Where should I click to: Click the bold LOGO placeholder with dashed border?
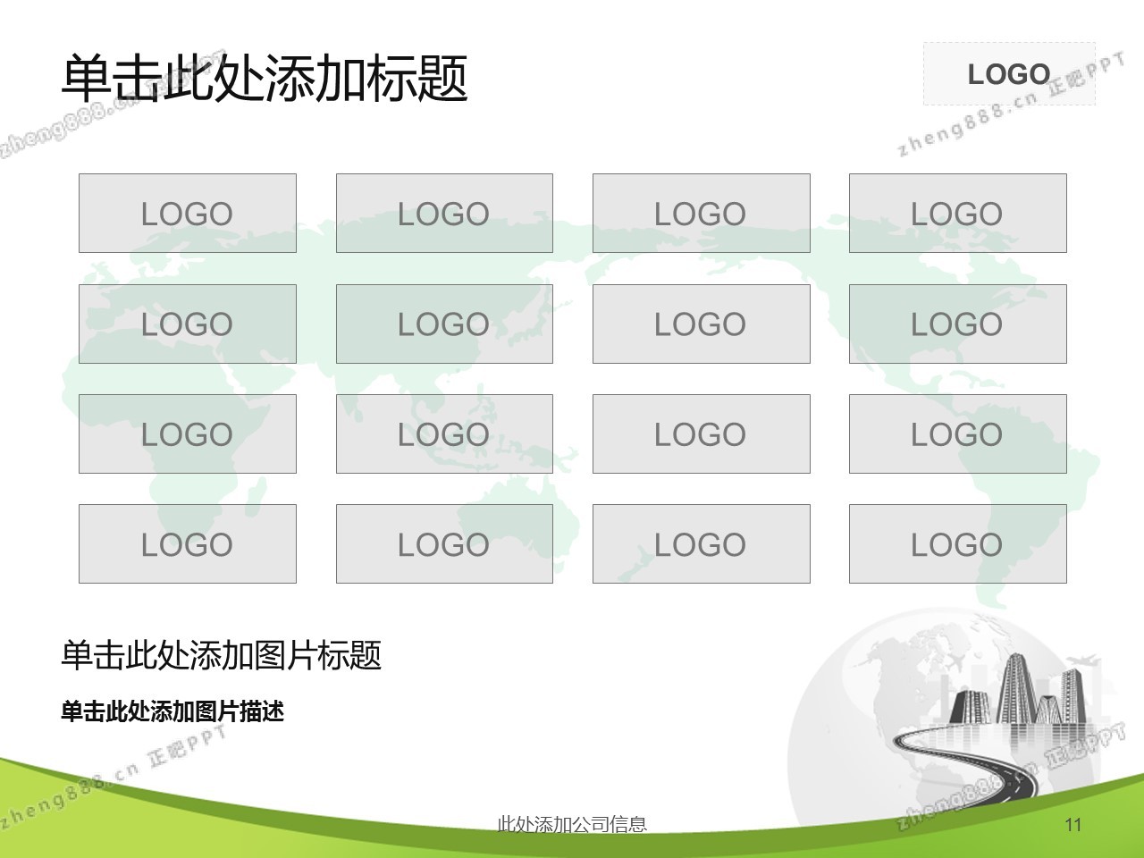pyautogui.click(x=1009, y=74)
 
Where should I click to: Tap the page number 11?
pyautogui.click(x=1073, y=825)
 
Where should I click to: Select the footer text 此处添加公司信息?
pyautogui.click(x=572, y=824)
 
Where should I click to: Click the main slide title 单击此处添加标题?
pyautogui.click(x=265, y=79)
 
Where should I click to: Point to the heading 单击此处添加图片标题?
pyautogui.click(x=221, y=655)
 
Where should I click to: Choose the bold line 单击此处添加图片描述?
pyautogui.click(x=172, y=711)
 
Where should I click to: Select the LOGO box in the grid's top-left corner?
pyautogui.click(x=188, y=213)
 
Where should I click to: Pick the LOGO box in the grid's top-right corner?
pyautogui.click(x=958, y=213)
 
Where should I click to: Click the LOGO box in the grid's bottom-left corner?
pyautogui.click(x=188, y=543)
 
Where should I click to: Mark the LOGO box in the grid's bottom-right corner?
pyautogui.click(x=958, y=543)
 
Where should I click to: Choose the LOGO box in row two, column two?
pyautogui.click(x=444, y=324)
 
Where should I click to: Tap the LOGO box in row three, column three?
pyautogui.click(x=702, y=433)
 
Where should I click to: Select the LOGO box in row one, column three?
pyautogui.click(x=702, y=213)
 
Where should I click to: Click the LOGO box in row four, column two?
pyautogui.click(x=444, y=543)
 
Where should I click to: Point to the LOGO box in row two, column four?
pyautogui.click(x=958, y=324)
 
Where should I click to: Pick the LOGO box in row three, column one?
pyautogui.click(x=188, y=433)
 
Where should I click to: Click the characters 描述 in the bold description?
pyautogui.click(x=262, y=711)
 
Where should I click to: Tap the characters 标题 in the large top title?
pyautogui.click(x=417, y=79)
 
